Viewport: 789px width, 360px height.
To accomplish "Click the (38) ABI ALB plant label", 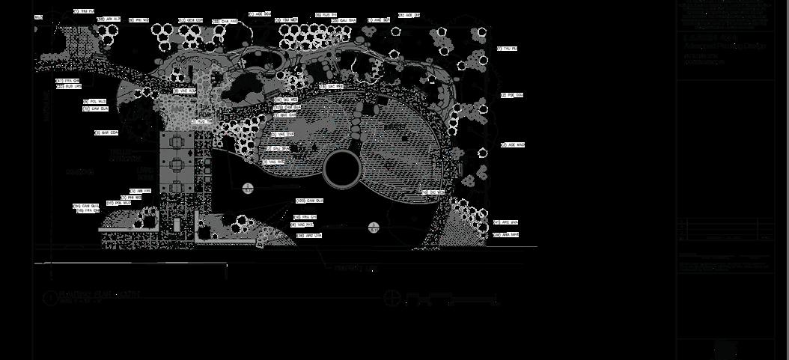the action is point(109,19).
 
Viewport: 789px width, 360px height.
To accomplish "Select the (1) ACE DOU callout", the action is point(258,13).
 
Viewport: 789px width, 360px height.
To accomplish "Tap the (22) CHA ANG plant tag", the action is point(225,21).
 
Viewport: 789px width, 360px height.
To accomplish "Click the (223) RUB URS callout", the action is point(68,86).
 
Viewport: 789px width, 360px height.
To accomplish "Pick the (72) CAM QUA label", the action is point(96,109).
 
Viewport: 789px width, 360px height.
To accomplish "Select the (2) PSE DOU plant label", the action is point(511,95).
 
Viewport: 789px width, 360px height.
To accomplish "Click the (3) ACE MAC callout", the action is point(513,144).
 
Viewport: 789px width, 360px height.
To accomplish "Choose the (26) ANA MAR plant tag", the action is point(506,234).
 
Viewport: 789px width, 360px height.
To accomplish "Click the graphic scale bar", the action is point(452,301).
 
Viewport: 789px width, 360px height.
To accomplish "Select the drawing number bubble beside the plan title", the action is point(50,299).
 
